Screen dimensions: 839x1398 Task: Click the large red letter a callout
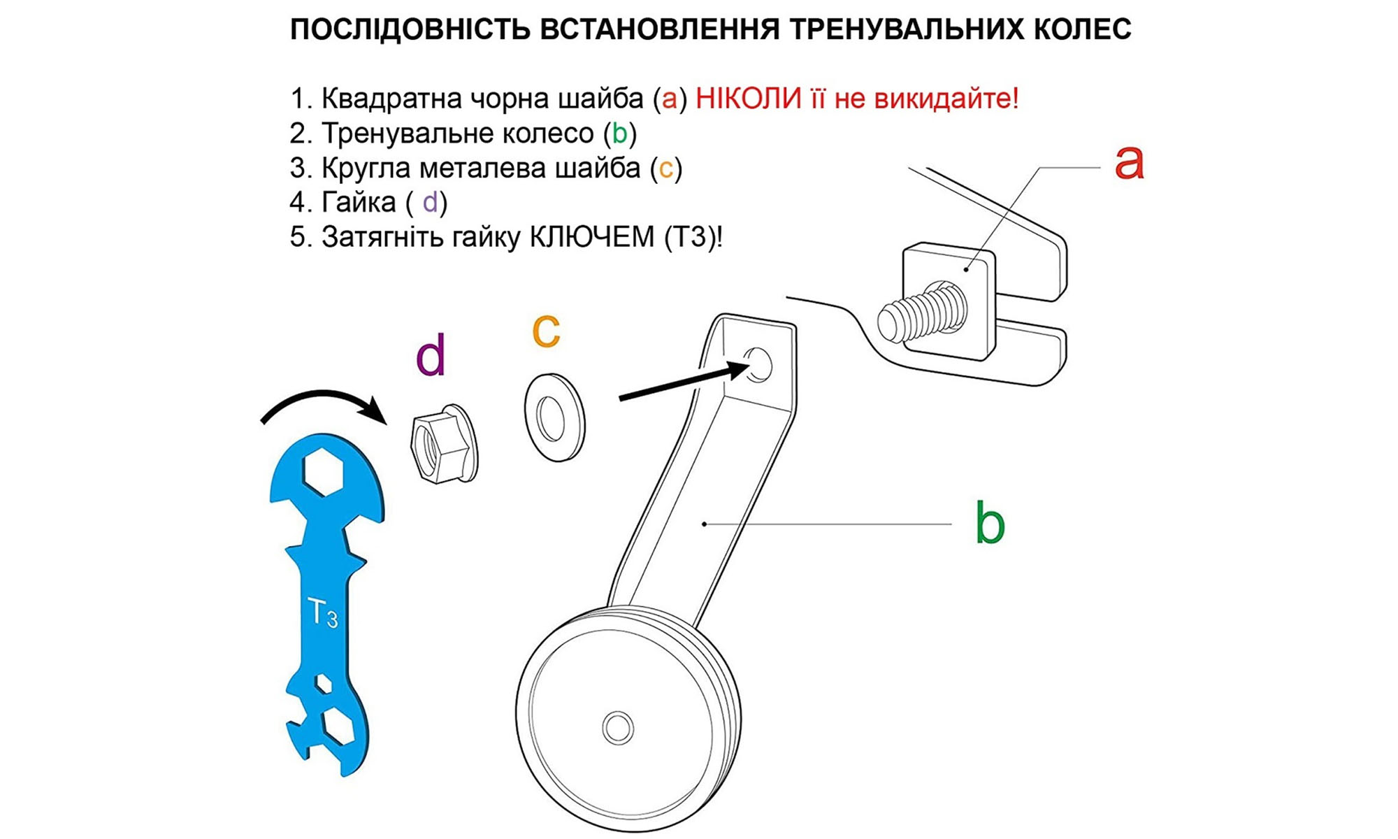(x=1128, y=162)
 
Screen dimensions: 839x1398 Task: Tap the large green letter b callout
(x=989, y=523)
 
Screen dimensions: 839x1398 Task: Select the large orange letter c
(x=546, y=330)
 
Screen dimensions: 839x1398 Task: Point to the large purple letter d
(x=431, y=356)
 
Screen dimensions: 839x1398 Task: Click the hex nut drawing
(x=442, y=444)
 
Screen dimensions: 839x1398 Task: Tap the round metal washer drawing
(x=554, y=417)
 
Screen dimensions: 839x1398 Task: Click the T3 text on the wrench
(x=322, y=613)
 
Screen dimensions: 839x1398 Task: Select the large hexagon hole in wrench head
(x=323, y=471)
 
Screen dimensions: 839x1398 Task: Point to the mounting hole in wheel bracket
(x=758, y=364)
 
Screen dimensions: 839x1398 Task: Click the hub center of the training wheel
(x=618, y=727)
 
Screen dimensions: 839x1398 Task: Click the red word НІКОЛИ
(x=748, y=99)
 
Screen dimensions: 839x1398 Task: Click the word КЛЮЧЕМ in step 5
(x=591, y=237)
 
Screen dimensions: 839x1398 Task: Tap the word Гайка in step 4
(x=359, y=203)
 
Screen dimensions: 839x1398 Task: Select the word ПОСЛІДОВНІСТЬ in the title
(x=410, y=29)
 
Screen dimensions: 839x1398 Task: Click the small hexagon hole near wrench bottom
(x=323, y=683)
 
